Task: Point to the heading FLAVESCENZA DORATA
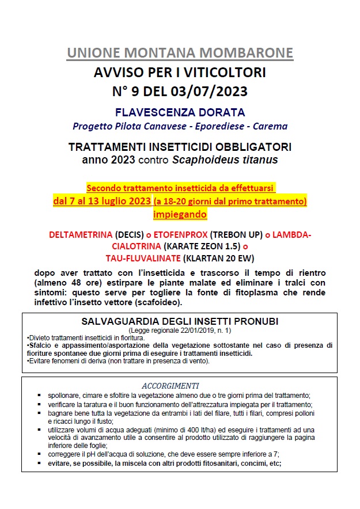(180, 112)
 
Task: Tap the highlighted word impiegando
(180, 214)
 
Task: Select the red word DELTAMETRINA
(81, 235)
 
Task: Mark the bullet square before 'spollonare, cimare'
(38, 396)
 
